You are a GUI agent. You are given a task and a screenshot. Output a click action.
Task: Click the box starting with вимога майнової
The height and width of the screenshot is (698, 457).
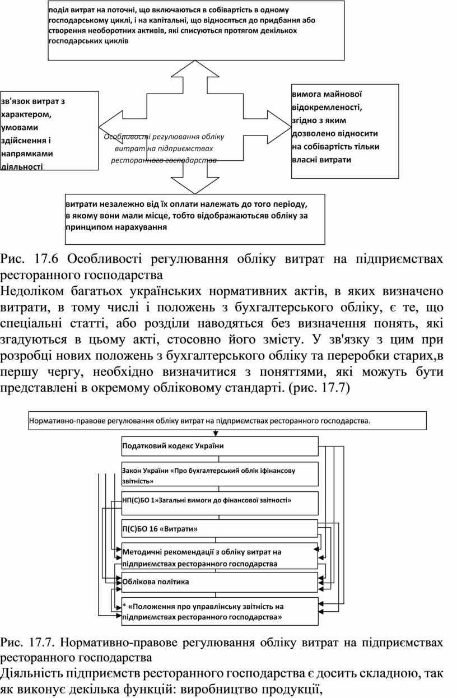(x=345, y=131)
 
